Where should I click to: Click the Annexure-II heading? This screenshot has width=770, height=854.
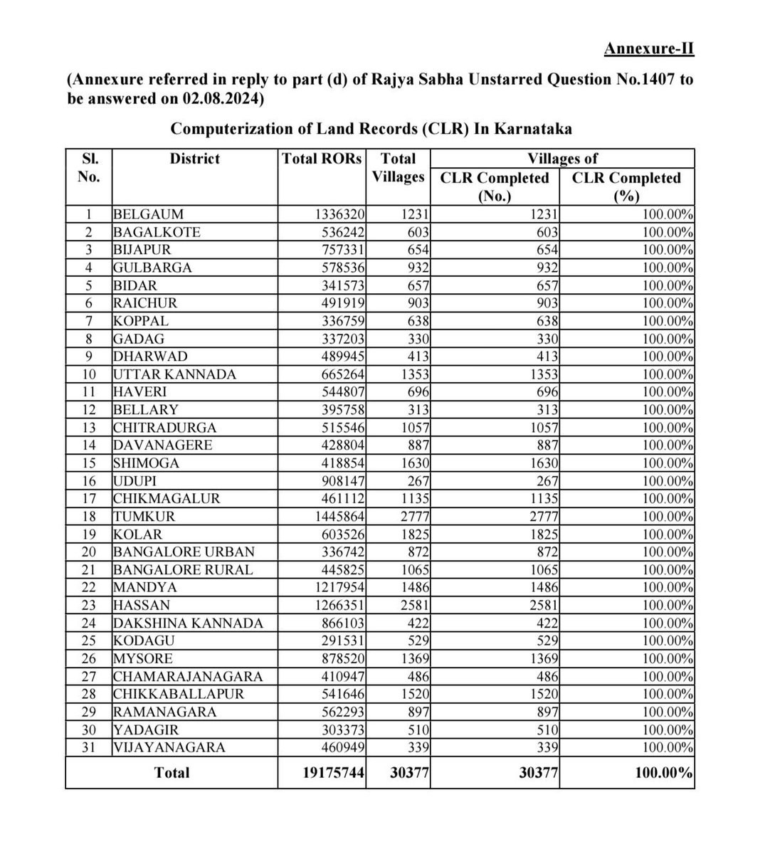648,49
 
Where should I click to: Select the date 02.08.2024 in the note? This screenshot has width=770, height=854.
221,99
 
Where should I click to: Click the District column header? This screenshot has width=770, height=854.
194,159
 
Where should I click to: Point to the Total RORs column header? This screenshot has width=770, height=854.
322,159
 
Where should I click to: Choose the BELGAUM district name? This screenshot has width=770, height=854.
148,214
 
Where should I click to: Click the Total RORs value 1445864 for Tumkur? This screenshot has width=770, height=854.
340,517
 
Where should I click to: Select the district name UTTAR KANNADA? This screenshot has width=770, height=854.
174,374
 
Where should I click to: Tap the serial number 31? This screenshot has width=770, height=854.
88,747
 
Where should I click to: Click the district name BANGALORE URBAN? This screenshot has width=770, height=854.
184,552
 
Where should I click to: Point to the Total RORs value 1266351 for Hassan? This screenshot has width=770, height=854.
340,606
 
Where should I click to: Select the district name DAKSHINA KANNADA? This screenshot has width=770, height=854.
188,623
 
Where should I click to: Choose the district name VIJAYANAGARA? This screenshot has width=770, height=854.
169,747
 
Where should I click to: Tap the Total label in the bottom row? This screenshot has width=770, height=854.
172,773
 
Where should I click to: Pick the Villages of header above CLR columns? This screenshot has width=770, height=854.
562,159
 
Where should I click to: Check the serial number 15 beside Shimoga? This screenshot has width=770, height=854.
88,463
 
